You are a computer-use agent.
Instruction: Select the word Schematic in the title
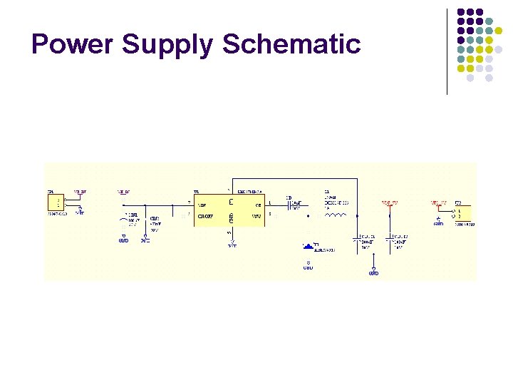pos(291,44)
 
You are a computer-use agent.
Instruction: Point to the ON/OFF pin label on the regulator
pos(207,215)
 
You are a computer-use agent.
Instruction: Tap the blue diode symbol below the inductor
pos(309,247)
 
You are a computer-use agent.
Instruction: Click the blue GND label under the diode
pos(308,268)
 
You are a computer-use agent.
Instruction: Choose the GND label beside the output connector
pos(438,224)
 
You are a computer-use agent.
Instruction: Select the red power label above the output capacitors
pos(389,203)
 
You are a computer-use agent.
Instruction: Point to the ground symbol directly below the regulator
pos(232,244)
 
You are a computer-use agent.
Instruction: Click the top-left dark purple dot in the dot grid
pos(462,12)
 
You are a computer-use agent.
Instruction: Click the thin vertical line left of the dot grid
pos(447,51)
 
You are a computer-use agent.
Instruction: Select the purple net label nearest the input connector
pos(81,192)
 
